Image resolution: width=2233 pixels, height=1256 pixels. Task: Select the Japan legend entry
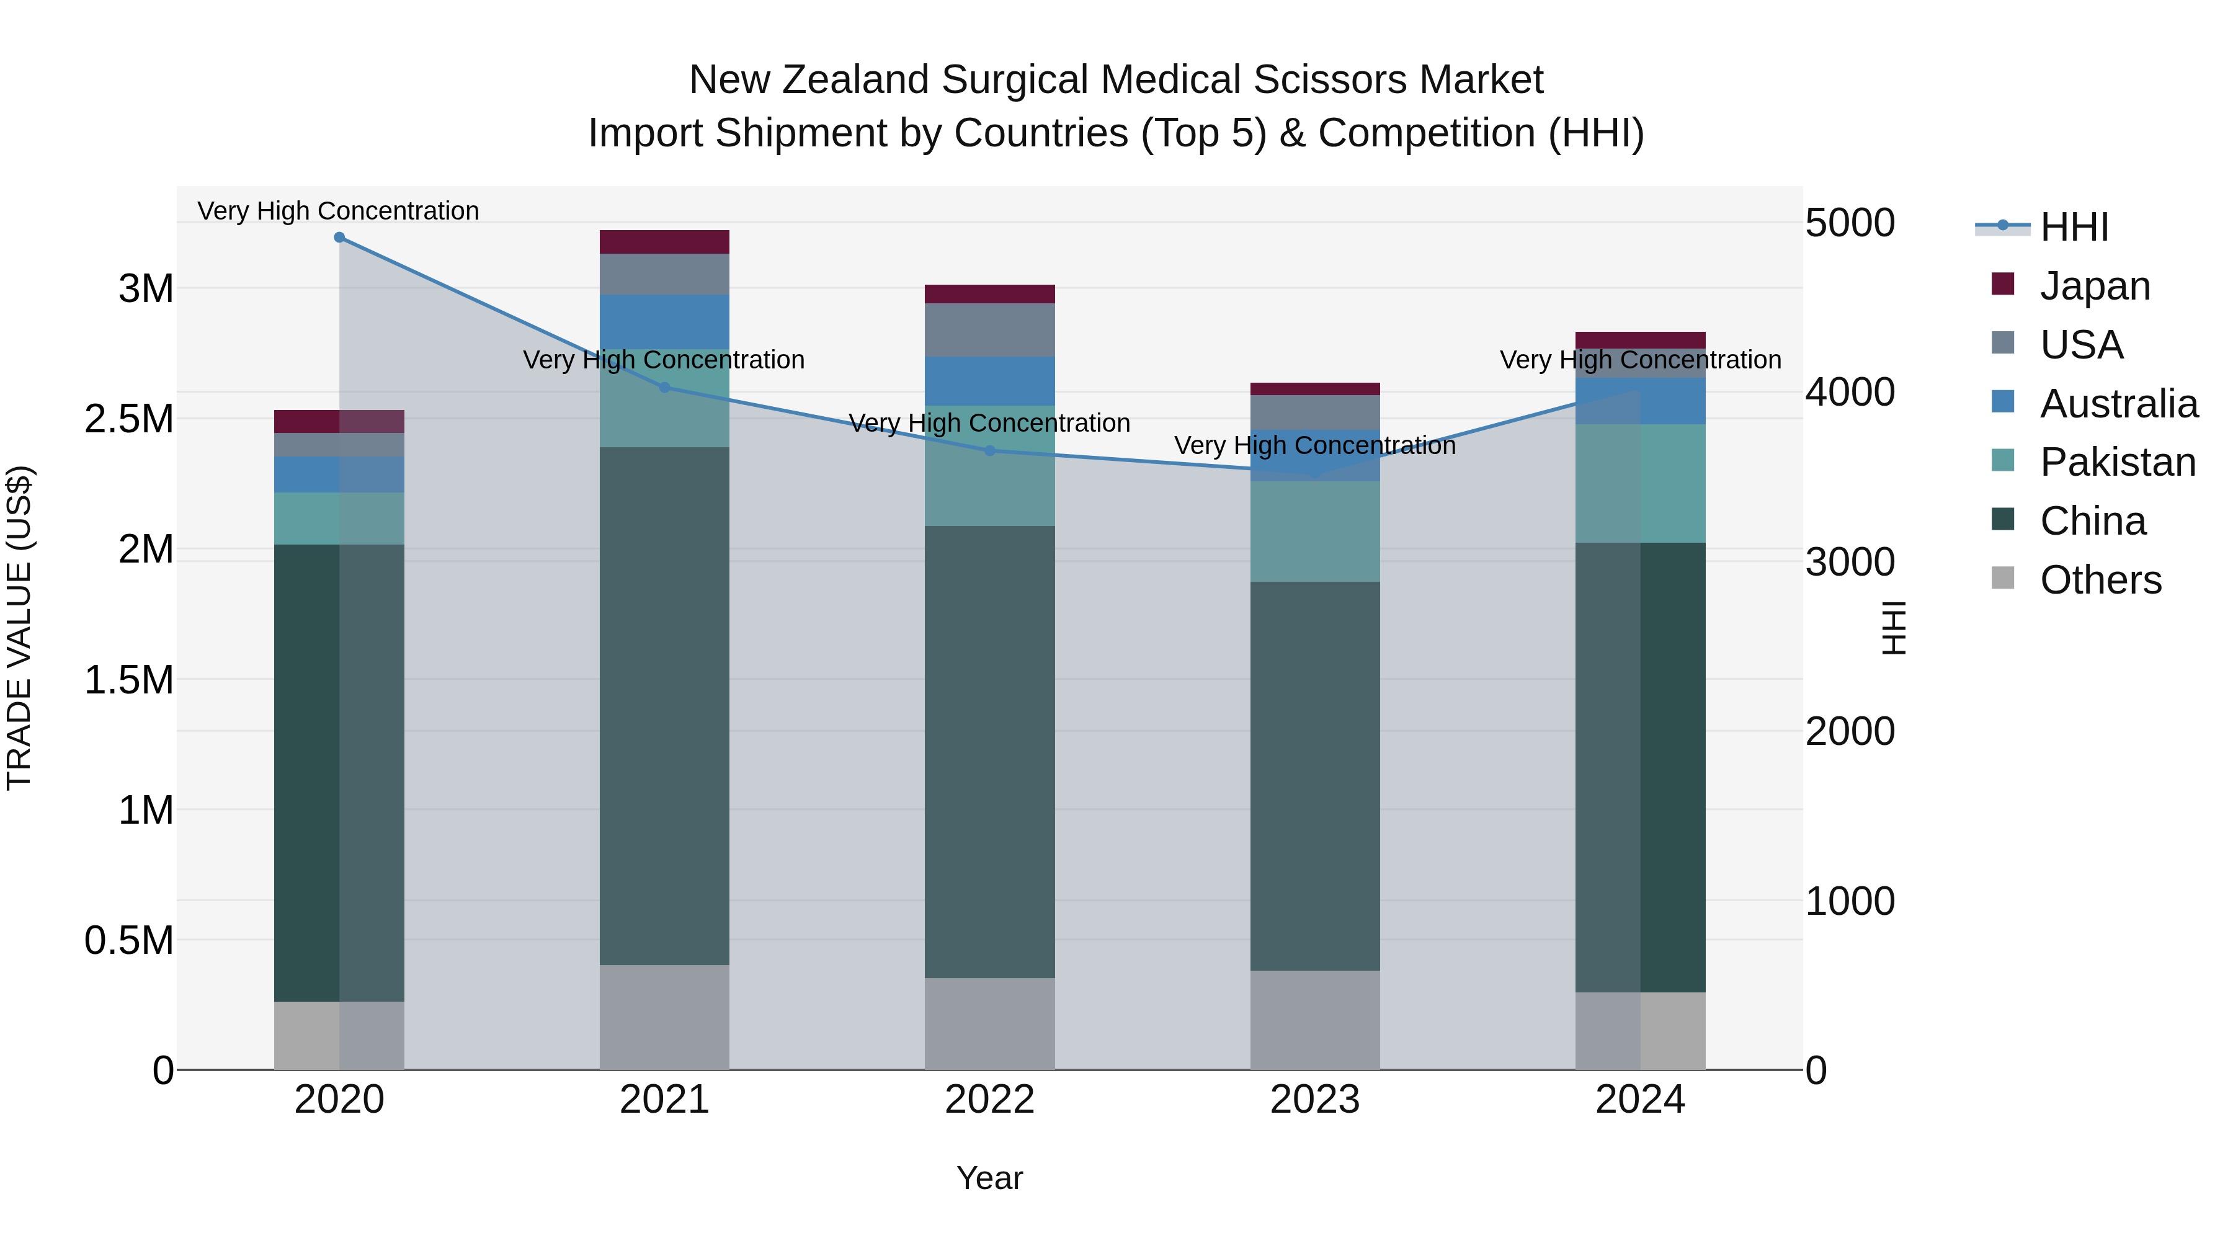click(2094, 286)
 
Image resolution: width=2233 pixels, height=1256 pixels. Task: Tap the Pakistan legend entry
click(2117, 462)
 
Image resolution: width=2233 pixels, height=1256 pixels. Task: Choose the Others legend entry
click(2100, 580)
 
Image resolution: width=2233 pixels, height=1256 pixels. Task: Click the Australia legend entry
click(2118, 404)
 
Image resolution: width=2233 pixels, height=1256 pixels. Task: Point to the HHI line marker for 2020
click(339, 238)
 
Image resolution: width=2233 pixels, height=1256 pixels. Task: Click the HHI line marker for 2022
click(990, 451)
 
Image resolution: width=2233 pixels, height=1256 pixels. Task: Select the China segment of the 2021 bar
click(664, 706)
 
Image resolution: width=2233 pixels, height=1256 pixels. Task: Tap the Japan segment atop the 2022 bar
click(989, 294)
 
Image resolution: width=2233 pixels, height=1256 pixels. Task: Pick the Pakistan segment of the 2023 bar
click(1314, 532)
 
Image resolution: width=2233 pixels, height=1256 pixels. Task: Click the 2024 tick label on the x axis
click(1639, 1100)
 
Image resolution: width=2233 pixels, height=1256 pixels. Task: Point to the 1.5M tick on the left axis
click(129, 680)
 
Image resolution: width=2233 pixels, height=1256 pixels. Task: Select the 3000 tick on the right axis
click(1849, 563)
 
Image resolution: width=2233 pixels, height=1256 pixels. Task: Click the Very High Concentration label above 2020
click(338, 211)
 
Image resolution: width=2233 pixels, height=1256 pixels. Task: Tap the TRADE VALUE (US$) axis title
click(19, 628)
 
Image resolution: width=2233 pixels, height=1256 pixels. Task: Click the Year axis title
click(989, 1178)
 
